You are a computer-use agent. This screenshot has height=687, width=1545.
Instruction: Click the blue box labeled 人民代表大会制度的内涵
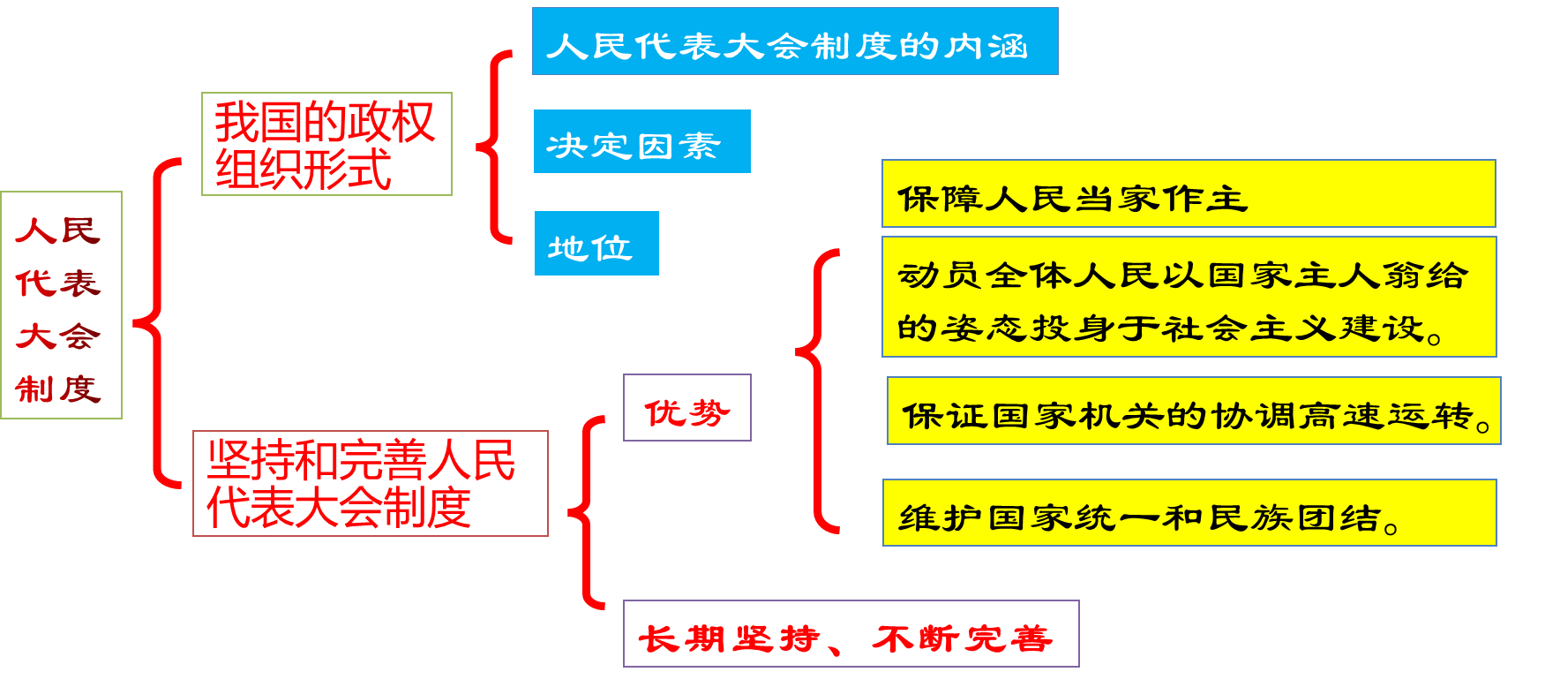pos(794,42)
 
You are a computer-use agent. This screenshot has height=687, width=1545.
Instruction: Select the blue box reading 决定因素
pos(641,141)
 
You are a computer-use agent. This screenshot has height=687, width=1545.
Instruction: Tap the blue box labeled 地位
pos(596,244)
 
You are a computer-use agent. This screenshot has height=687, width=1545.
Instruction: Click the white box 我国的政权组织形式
pos(326,144)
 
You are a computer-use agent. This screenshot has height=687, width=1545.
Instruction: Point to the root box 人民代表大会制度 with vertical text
pos(61,305)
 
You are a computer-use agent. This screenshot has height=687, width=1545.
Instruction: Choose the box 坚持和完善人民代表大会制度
pos(371,483)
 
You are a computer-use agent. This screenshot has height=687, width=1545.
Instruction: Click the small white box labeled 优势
pos(686,408)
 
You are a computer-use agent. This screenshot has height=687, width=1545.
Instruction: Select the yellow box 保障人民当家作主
pos(1189,194)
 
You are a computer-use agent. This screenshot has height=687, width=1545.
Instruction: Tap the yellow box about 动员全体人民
pos(1189,297)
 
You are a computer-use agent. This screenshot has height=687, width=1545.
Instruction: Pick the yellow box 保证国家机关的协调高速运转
pos(1193,411)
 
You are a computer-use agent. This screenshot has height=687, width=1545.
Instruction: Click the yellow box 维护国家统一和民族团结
pos(1189,513)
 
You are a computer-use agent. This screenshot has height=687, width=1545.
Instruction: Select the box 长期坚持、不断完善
pos(851,634)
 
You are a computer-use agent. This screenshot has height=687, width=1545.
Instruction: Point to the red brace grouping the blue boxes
pos(495,147)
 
